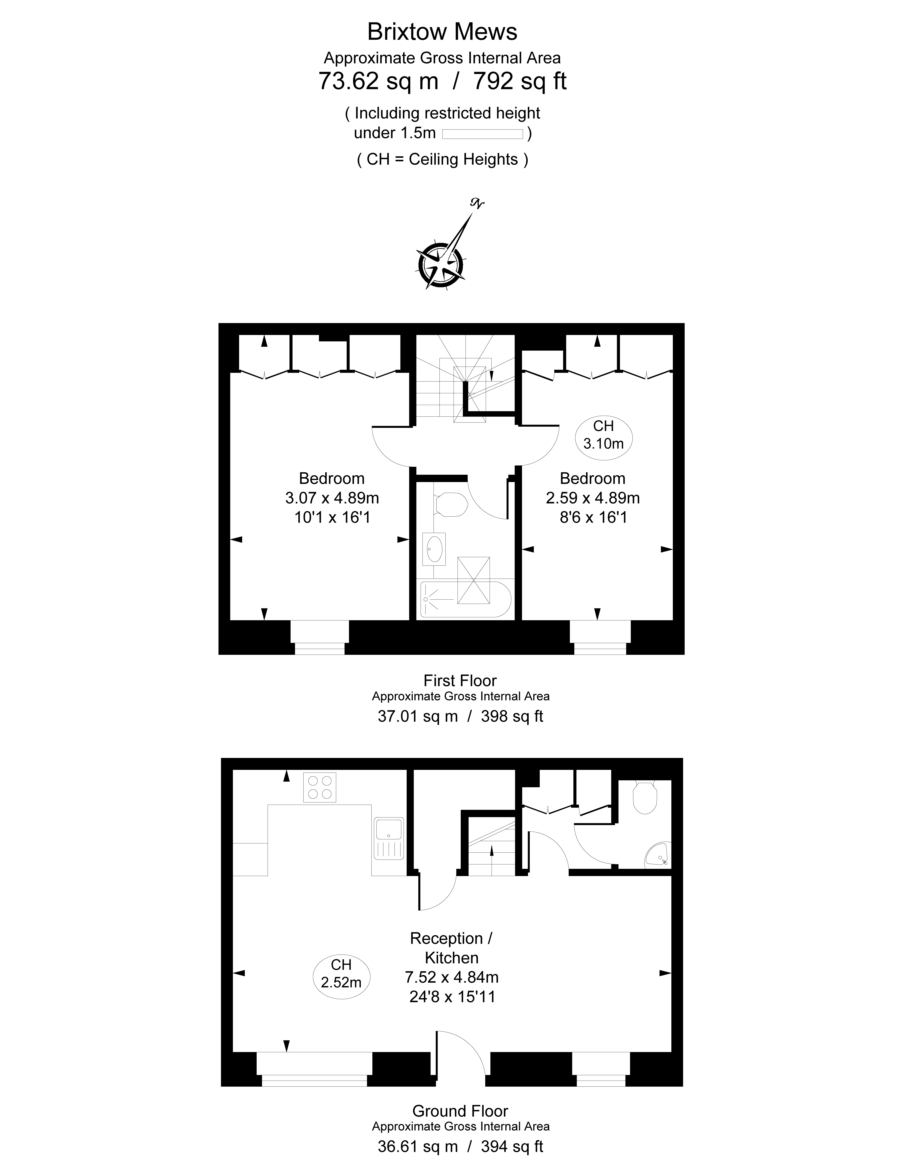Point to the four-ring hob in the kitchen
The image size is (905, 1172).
coord(320,787)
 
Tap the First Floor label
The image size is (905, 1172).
coord(460,681)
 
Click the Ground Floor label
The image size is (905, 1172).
coord(460,1111)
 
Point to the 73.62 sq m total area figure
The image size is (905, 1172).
coord(378,81)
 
